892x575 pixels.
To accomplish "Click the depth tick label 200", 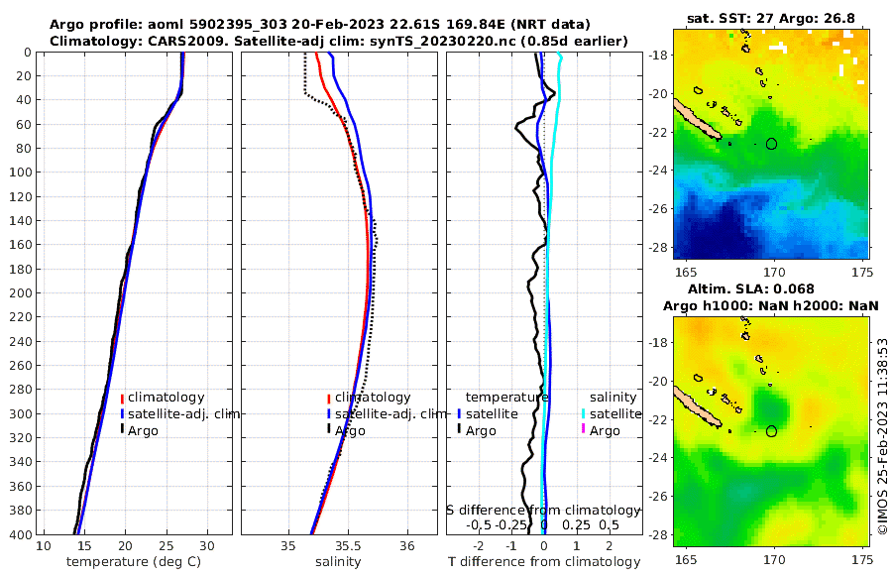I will pyautogui.click(x=20, y=293).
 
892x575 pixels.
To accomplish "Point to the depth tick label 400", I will pyautogui.click(x=20, y=534).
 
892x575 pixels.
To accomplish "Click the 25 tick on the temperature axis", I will pyautogui.click(x=166, y=546).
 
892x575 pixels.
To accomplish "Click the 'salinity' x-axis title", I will pyautogui.click(x=337, y=561).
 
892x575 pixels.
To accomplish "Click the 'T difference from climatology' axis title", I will pyautogui.click(x=543, y=561).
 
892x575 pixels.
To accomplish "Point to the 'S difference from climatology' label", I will pyautogui.click(x=543, y=510).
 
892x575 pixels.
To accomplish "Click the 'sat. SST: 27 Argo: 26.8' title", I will pyautogui.click(x=771, y=18).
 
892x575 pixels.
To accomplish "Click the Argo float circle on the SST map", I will pyautogui.click(x=772, y=144).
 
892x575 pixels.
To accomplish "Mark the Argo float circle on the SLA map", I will pyautogui.click(x=772, y=430).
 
